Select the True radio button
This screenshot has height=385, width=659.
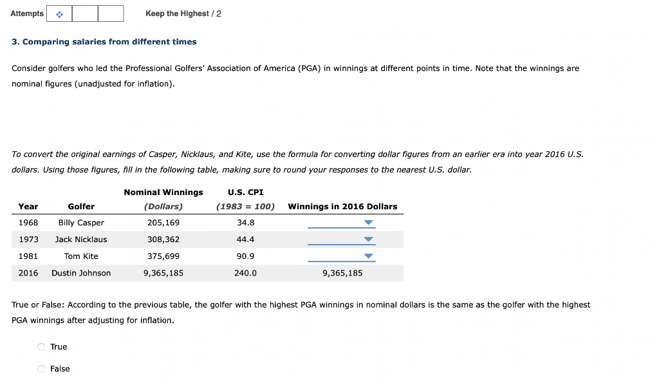[x=42, y=347]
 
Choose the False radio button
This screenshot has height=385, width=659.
[x=42, y=369]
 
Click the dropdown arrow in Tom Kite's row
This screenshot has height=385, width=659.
[x=368, y=256]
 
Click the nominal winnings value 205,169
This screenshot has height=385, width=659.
[x=163, y=223]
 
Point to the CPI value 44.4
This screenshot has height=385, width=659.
[x=245, y=239]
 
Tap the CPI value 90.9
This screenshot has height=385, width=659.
[x=245, y=256]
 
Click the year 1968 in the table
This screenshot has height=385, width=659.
[x=28, y=223]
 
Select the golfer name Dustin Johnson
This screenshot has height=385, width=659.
[x=81, y=273]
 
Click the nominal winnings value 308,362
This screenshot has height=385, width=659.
[x=163, y=239]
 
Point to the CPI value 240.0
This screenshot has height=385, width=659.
[x=245, y=273]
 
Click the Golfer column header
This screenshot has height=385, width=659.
[x=81, y=207]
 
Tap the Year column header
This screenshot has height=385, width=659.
[x=28, y=207]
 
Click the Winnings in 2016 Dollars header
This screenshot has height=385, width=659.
[x=342, y=207]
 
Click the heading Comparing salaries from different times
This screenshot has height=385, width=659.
[x=104, y=42]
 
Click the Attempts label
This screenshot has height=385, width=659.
[x=27, y=14]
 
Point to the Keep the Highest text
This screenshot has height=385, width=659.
[x=177, y=14]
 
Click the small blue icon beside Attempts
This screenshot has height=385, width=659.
[x=59, y=14]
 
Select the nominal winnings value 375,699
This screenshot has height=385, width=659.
[x=163, y=256]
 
